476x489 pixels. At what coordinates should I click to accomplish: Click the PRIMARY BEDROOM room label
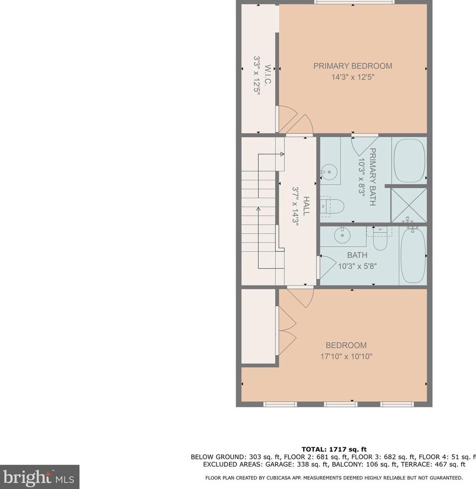tap(353, 66)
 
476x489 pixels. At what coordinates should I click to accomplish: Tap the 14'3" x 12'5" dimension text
tap(353, 77)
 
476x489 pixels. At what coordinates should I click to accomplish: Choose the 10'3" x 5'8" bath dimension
tap(358, 266)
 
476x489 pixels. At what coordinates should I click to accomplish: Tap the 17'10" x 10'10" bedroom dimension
tap(346, 356)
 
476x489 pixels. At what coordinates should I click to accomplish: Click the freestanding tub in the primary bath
tap(410, 160)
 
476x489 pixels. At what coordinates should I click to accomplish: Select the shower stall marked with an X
tap(409, 206)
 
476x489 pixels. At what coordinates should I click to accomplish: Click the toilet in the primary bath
tap(333, 207)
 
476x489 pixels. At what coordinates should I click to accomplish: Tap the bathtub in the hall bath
tap(413, 255)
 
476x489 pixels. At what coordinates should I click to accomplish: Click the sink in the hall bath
tap(343, 235)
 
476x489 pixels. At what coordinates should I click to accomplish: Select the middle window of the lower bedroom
tap(341, 404)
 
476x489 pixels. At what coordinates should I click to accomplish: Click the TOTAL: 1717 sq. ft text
tap(334, 449)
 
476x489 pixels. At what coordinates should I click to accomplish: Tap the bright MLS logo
tap(39, 477)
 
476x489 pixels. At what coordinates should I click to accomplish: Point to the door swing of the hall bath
tap(327, 267)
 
